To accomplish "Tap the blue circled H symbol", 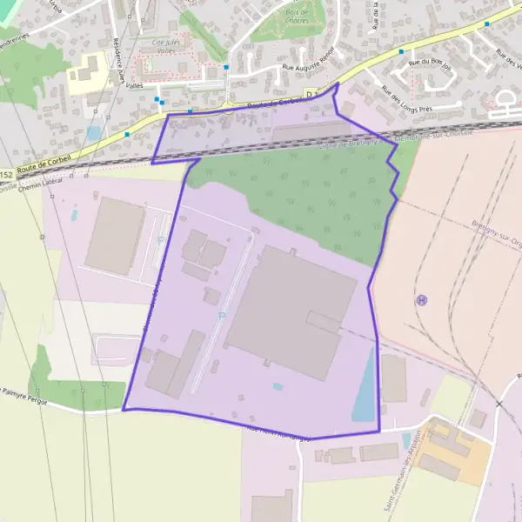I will pos(422,300).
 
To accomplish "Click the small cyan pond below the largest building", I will pos(278,386).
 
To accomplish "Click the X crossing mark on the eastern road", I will pos(499,404).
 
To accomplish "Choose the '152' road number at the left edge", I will pos(7,175).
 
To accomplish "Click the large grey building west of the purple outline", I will pos(116,235).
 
